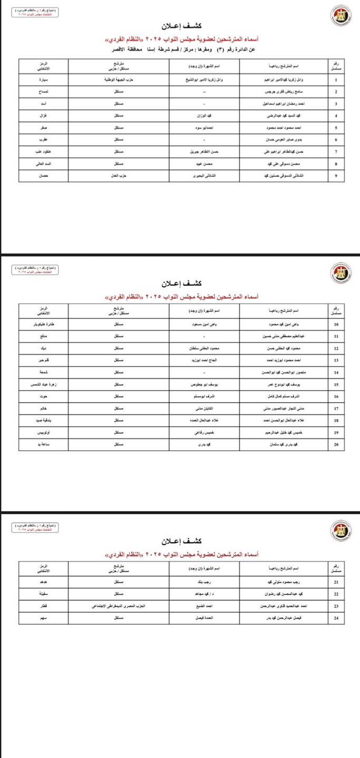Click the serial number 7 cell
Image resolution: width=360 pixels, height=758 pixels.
point(336,152)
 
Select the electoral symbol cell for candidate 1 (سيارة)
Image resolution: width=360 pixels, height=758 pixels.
point(44,80)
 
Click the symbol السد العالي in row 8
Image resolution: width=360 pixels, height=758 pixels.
point(44,164)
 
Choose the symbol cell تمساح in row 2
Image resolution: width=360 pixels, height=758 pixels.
point(44,92)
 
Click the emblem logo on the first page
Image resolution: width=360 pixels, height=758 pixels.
point(339,15)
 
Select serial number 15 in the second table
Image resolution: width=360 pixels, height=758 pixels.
point(336,385)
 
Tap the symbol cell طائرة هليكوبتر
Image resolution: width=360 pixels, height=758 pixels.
point(44,324)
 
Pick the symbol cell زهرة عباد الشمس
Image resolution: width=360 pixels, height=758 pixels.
point(44,385)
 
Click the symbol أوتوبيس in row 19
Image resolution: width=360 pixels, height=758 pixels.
point(44,433)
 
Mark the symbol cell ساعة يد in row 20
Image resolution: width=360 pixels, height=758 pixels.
point(44,445)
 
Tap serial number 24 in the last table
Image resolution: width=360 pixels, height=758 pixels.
point(336,618)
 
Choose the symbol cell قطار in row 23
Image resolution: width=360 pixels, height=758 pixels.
point(44,606)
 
